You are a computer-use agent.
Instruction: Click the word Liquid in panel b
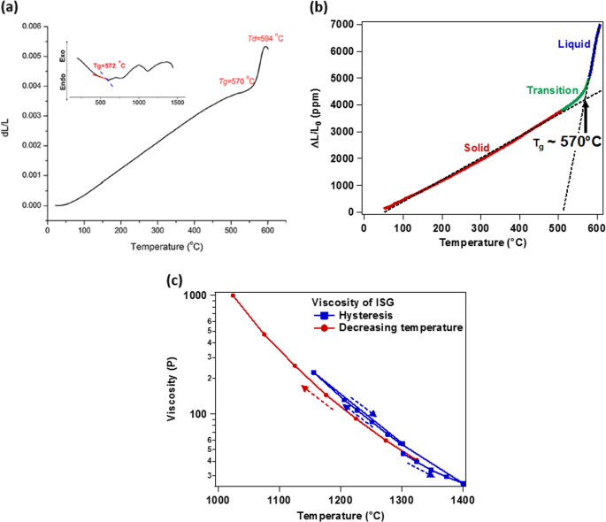coord(573,43)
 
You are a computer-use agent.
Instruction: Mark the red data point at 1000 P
coord(233,296)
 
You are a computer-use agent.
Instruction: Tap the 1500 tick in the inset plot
coord(178,103)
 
